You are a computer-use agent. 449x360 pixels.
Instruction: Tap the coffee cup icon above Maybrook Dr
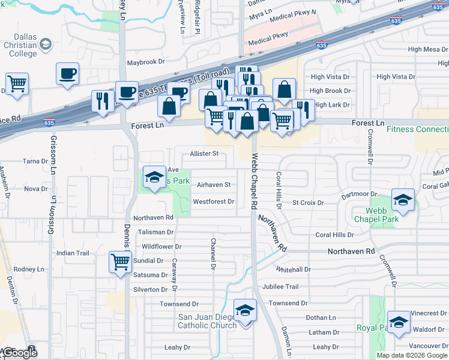pos(67,74)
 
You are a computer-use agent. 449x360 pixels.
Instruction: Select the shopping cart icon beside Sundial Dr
pos(120,262)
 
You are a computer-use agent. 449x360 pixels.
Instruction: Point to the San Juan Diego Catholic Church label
pos(206,321)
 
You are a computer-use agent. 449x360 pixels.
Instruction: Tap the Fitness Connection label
pos(417,129)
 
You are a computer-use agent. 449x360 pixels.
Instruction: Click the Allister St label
pos(203,154)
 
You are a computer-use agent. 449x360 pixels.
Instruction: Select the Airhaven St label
pos(214,184)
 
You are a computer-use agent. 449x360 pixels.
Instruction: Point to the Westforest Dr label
pos(213,202)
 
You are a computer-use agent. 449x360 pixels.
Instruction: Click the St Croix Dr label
pos(304,202)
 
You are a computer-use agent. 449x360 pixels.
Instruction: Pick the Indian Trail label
pos(73,253)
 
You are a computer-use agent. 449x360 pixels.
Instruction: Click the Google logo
pos(20,353)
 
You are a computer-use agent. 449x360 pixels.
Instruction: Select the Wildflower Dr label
pos(161,247)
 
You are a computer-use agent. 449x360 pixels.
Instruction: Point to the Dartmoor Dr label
pos(358,194)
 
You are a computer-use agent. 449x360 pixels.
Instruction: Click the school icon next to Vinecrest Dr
pos(399,322)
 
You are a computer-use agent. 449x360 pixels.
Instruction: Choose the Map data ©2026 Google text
pos(412,355)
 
